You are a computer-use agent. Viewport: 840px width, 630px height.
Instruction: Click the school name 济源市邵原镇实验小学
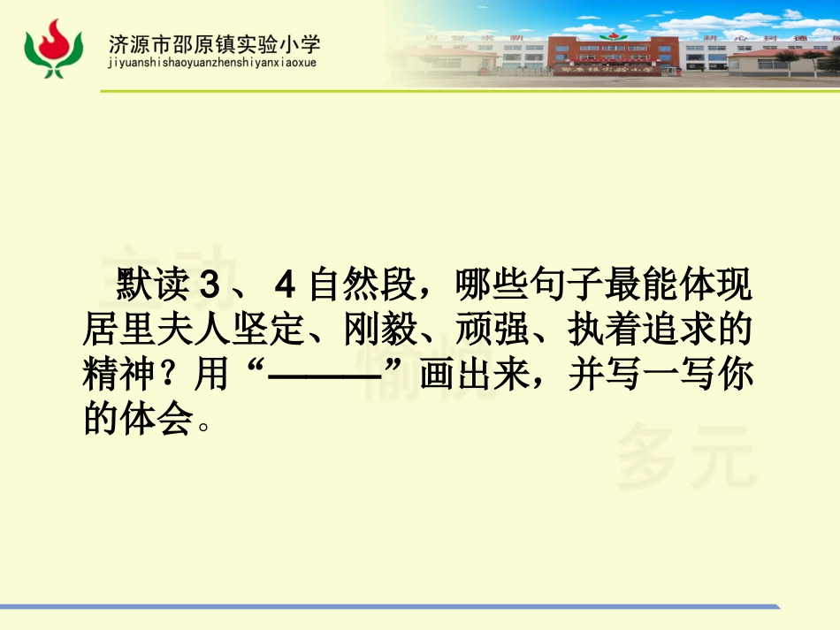point(214,43)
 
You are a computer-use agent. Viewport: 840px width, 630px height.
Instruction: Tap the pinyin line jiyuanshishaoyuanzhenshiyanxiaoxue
point(211,63)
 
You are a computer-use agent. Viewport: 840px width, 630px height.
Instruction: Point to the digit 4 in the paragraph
point(283,287)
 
